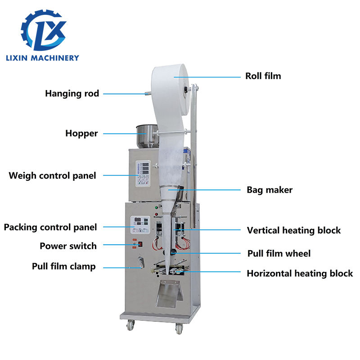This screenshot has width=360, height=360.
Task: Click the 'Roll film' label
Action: [263, 76]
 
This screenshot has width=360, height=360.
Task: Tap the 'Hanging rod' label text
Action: [72, 94]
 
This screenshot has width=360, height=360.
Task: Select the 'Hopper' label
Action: [81, 133]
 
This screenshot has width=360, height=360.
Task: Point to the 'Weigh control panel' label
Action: [52, 175]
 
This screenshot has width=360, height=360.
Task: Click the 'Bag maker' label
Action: [270, 189]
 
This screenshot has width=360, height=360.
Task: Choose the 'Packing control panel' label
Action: [50, 227]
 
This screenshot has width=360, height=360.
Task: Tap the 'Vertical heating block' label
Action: [293, 230]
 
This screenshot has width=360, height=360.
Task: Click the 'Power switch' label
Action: [68, 246]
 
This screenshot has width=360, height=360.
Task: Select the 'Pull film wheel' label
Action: [279, 253]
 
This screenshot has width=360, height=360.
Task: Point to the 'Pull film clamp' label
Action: [63, 266]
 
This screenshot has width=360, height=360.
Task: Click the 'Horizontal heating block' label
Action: [300, 273]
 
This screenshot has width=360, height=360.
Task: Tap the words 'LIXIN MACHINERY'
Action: [43, 58]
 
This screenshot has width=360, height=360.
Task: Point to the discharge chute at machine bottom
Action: [169, 292]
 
